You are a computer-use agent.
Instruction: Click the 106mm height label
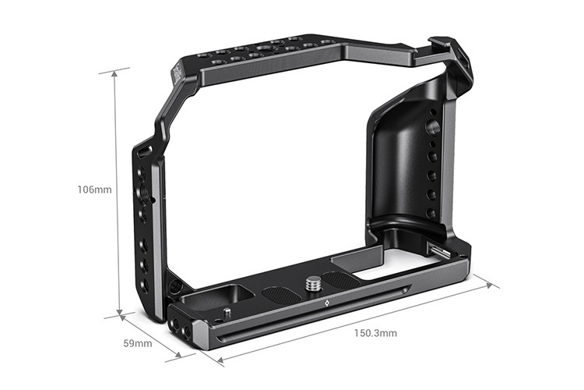click(94, 190)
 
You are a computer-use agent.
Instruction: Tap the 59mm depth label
click(138, 342)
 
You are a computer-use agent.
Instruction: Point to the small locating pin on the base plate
click(226, 313)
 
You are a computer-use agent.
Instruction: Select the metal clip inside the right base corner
click(436, 250)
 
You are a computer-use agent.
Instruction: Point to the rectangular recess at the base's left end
click(234, 293)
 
